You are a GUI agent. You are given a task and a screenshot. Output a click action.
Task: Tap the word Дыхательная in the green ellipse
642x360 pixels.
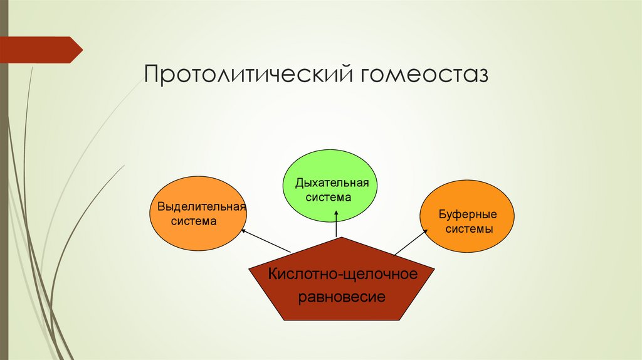332,184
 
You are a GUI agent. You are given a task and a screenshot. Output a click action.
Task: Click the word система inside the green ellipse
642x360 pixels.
329,197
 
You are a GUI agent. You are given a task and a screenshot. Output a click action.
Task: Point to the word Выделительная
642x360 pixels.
201,207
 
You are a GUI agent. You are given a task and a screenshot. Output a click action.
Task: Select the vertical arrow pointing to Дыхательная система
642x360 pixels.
337,224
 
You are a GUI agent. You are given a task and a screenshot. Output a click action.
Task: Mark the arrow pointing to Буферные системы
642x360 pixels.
411,242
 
